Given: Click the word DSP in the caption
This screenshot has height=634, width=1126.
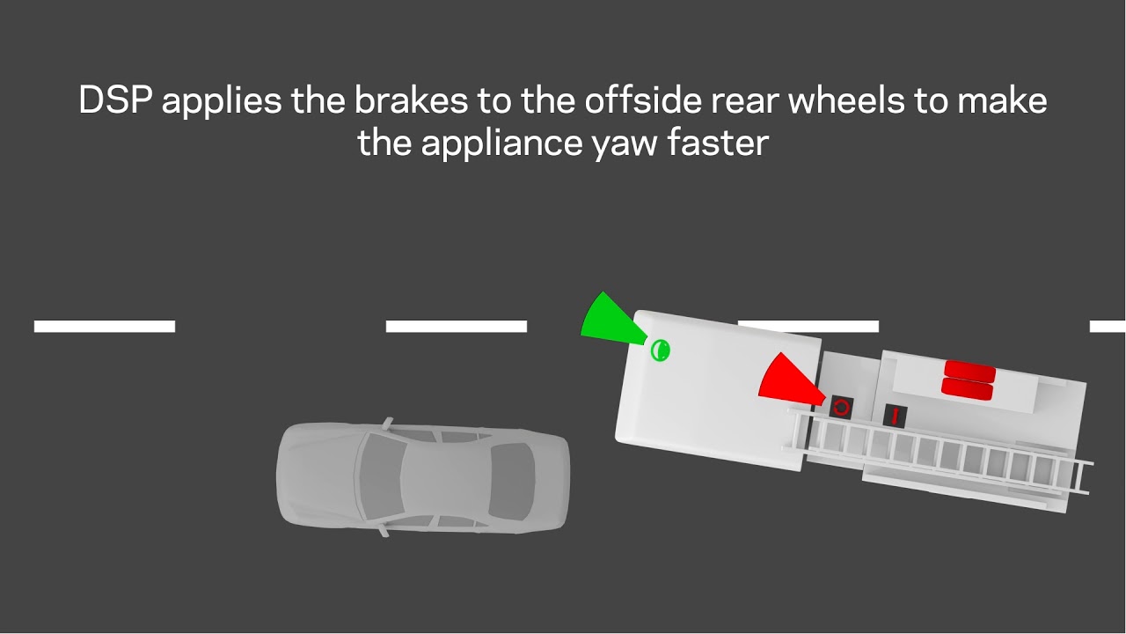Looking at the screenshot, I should [115, 100].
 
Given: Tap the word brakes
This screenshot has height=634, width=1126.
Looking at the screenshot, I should [410, 100].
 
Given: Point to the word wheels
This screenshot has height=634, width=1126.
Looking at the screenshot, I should [844, 100].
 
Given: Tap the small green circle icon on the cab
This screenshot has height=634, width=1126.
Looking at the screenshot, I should [660, 350].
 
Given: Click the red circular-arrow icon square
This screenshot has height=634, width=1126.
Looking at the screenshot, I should [841, 407].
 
